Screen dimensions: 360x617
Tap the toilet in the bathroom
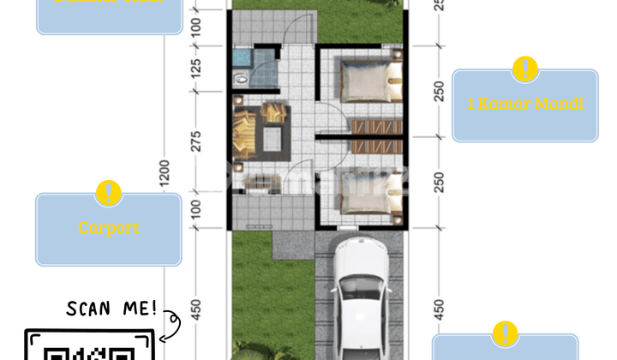pyautogui.click(x=243, y=78)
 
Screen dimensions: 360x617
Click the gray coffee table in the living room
pyautogui.click(x=274, y=137)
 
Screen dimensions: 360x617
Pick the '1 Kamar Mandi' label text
pyautogui.click(x=524, y=105)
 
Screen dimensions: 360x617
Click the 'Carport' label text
pyautogui.click(x=109, y=228)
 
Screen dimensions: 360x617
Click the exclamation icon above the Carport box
pyautogui.click(x=109, y=193)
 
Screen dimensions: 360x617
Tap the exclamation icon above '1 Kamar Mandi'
pyautogui.click(x=524, y=69)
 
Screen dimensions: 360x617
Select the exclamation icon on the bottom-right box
pyautogui.click(x=506, y=333)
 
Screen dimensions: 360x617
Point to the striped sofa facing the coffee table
pyautogui.click(x=241, y=135)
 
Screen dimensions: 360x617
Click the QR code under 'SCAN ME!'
pyautogui.click(x=90, y=351)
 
